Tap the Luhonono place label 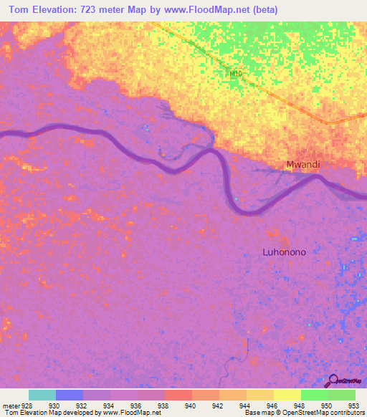tap(284, 251)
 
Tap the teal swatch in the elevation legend tap(42, 395)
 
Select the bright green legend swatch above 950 tap(314, 395)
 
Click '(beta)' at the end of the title tap(264, 9)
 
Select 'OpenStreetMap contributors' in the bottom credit tap(326, 413)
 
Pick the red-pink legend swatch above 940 tap(178, 395)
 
